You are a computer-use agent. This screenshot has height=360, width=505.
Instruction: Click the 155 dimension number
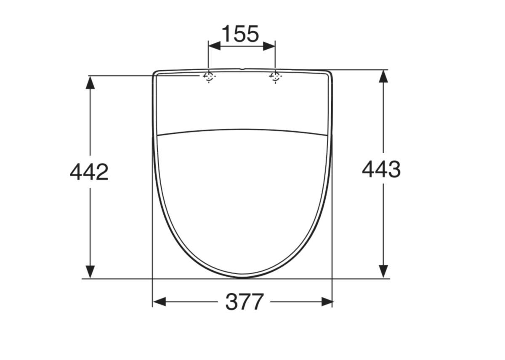[x=240, y=34]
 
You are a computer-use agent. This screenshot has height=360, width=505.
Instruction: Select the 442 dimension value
[x=89, y=172]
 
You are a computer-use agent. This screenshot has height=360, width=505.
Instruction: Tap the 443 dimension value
[x=381, y=169]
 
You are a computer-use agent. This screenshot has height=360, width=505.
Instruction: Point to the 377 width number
[x=244, y=302]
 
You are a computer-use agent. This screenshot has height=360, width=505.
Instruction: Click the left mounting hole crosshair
[x=209, y=77]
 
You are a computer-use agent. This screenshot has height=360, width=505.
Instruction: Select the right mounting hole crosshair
[x=275, y=77]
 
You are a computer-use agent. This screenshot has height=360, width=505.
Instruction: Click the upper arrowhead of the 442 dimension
[x=90, y=82]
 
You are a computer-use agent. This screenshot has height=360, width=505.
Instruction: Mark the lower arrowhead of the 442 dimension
[x=90, y=272]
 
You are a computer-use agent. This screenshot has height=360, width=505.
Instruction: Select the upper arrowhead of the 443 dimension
[x=383, y=76]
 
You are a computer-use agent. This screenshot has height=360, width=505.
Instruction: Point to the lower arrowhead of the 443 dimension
[x=383, y=272]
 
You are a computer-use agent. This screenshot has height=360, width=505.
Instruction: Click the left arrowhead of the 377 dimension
[x=159, y=302]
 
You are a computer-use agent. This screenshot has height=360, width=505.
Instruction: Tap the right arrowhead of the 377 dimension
[x=327, y=302]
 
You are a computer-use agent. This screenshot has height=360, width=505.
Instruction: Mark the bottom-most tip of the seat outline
[x=242, y=277]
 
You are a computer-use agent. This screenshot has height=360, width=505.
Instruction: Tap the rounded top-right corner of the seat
[x=330, y=73]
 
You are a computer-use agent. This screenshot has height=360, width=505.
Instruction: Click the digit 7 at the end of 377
[x=257, y=302]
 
